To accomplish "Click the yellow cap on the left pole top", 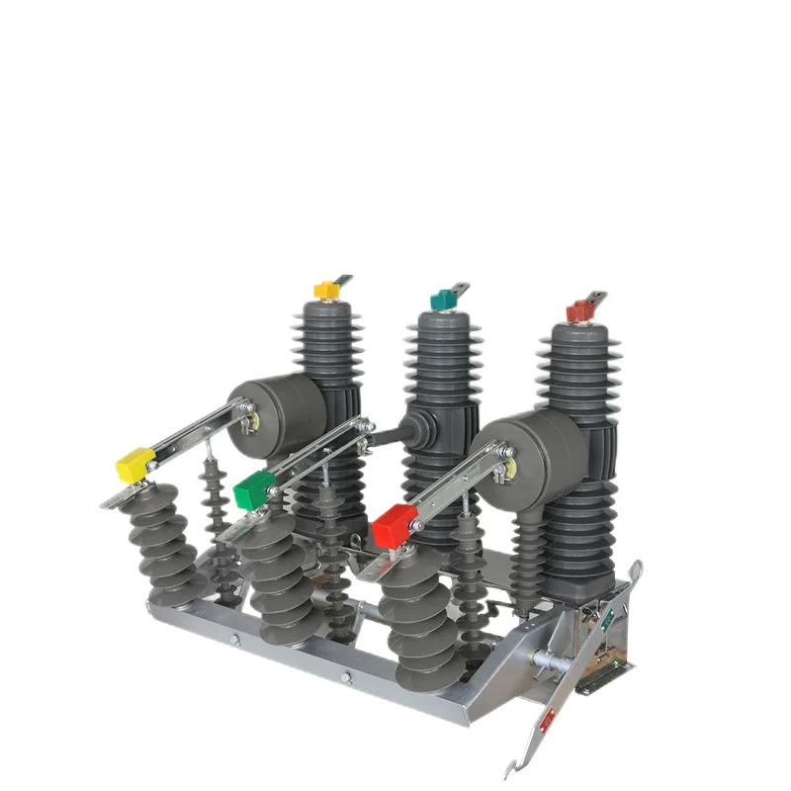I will (325, 290).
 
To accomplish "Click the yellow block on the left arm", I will (135, 465).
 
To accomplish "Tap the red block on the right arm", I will (396, 524).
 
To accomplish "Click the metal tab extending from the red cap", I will (595, 297).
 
